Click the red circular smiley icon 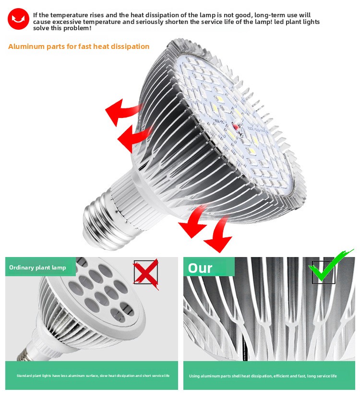pos(18,19)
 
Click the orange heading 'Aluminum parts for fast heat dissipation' pos(79,47)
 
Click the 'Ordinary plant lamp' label pos(37,268)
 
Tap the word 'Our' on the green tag pos(200,268)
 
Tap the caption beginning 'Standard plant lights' pos(93,375)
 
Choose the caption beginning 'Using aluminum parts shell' pos(263,376)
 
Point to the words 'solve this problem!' pos(62,28)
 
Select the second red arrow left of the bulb pos(133,138)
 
